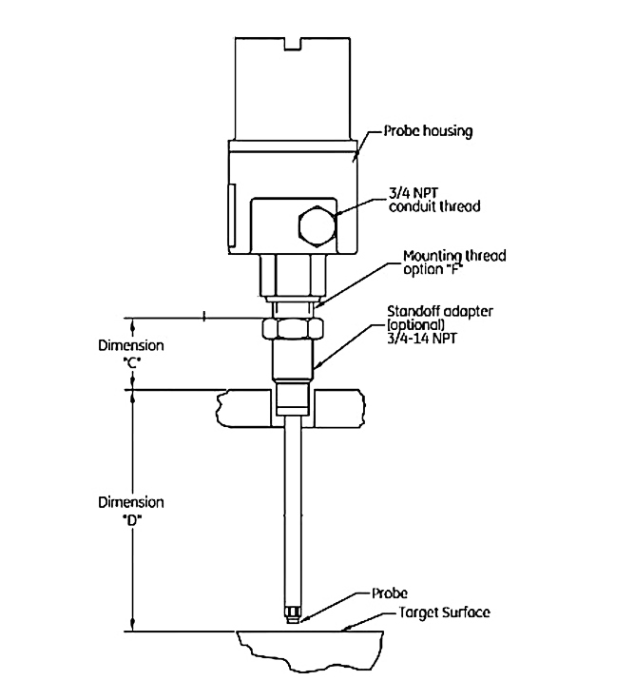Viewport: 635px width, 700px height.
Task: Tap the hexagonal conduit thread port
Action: click(315, 225)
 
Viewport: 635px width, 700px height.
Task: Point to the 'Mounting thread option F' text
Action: click(454, 262)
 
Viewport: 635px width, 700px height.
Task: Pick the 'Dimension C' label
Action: click(131, 354)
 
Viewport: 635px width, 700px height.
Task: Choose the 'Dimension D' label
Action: click(131, 510)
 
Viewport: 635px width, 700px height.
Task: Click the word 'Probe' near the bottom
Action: click(390, 593)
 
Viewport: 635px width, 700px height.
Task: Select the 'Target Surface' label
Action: click(443, 612)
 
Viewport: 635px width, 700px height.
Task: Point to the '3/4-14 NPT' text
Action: click(422, 338)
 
